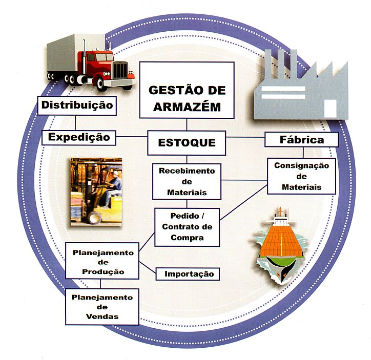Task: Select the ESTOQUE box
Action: (187, 142)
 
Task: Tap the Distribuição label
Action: (77, 105)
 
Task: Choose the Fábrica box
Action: (301, 139)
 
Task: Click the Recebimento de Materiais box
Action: (187, 181)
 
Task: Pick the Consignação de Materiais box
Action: (301, 176)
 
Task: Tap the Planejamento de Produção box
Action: (103, 262)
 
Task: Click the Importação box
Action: (189, 274)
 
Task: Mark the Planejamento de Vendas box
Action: (102, 306)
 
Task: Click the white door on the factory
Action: (331, 108)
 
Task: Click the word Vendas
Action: (102, 316)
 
